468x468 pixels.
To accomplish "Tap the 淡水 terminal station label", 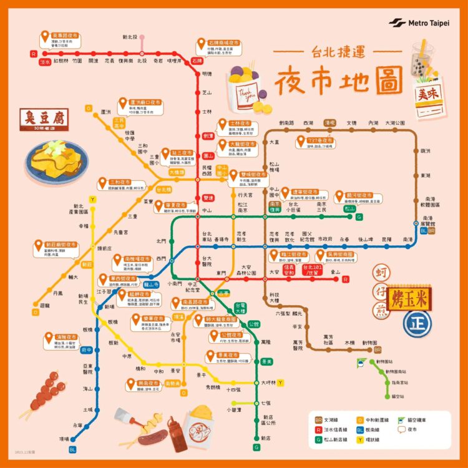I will [45, 62].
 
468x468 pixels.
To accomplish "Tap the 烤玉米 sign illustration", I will [406, 297].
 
